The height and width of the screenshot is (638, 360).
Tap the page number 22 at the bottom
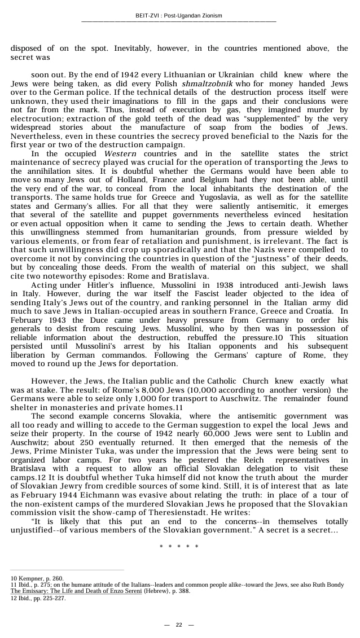click(179, 624)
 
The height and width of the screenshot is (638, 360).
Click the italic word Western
click(120, 153)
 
